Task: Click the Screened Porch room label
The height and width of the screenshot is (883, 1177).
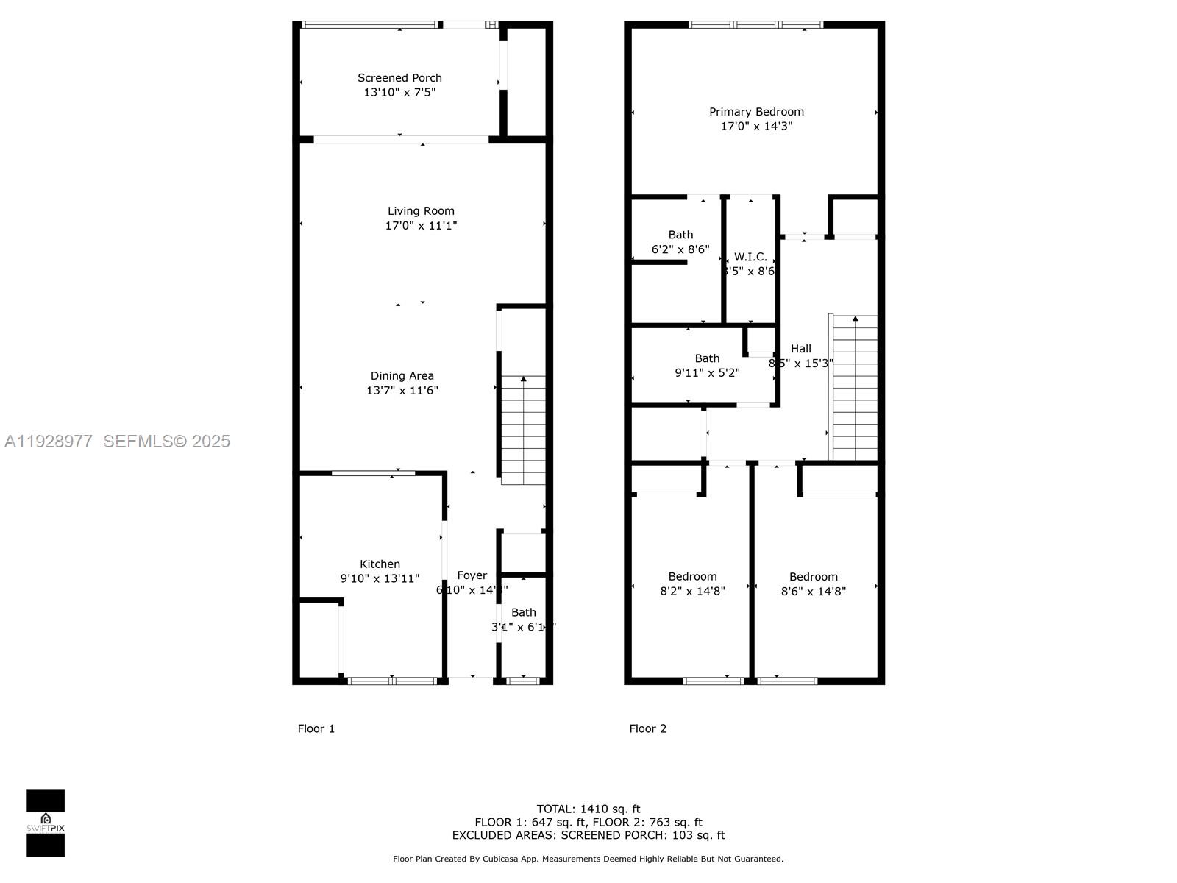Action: point(399,78)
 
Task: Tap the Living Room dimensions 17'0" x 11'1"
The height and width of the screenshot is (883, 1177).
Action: point(421,226)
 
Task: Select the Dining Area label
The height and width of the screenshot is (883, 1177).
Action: point(402,376)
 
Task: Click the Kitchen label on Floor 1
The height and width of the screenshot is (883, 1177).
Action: point(380,564)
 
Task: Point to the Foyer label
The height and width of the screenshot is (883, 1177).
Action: point(472,575)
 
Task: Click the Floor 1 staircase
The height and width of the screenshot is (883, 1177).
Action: point(523,430)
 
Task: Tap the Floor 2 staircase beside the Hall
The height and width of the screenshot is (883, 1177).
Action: point(855,388)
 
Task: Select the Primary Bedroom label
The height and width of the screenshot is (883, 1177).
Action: point(756,112)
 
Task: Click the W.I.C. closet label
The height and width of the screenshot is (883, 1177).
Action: point(750,257)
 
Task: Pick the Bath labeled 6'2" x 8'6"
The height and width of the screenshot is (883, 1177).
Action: point(680,242)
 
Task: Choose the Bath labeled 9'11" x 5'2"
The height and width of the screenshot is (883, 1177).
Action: point(707,366)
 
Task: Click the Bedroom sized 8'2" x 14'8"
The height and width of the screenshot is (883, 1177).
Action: point(692,584)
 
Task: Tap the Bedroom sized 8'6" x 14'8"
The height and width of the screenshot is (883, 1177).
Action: point(813,584)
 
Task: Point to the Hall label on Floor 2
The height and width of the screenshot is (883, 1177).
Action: point(801,349)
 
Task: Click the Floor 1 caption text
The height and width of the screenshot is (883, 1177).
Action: point(316,728)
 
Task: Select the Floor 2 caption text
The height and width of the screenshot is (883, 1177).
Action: point(647,728)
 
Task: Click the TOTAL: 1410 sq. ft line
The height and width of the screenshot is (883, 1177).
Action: point(588,809)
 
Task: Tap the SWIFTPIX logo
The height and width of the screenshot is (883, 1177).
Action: point(46,823)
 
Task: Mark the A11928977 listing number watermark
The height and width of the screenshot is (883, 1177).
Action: point(49,441)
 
